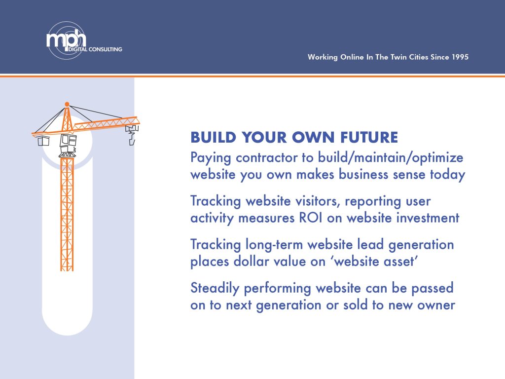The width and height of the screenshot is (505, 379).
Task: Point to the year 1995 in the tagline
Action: click(x=460, y=57)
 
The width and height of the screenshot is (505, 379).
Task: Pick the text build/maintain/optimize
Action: click(x=391, y=158)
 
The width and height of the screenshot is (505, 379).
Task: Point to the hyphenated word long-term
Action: click(x=274, y=245)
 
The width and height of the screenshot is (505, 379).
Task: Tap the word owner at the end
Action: click(x=436, y=305)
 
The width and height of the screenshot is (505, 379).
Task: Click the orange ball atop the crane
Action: click(x=67, y=104)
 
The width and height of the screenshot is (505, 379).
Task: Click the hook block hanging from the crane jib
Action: click(x=132, y=135)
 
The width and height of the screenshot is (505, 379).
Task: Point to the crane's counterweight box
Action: click(x=43, y=141)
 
